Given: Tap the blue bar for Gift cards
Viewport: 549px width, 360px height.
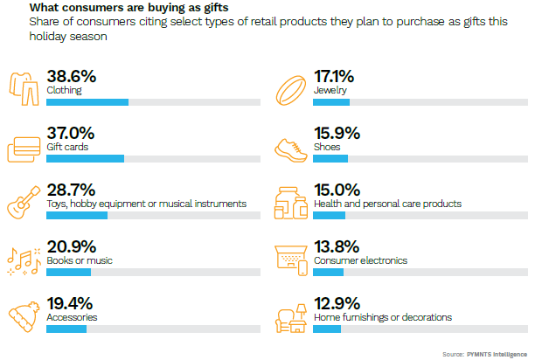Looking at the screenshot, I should [85, 159].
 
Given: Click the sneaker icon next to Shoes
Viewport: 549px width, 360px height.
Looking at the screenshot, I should [290, 145].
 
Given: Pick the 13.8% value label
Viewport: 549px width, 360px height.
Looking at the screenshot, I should [337, 246].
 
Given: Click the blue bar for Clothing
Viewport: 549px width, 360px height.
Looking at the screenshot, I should [87, 102].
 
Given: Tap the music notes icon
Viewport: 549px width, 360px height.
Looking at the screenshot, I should [22, 259].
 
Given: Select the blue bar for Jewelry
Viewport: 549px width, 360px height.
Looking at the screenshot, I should [331, 102].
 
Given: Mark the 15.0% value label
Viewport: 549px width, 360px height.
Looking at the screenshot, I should [337, 190].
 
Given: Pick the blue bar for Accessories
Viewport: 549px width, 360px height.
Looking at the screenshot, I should [66, 329].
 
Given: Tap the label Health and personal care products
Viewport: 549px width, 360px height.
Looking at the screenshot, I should [387, 204].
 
